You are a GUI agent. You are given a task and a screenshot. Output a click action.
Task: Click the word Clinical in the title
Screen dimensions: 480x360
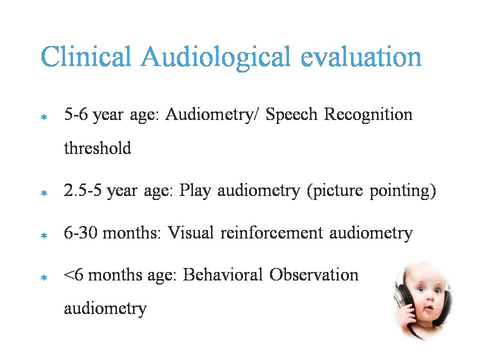86,56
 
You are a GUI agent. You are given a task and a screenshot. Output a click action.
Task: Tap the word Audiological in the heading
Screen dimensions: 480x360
215,58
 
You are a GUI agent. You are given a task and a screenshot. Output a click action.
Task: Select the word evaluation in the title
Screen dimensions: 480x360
361,56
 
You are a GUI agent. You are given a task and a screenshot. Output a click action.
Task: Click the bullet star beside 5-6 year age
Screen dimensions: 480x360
44,117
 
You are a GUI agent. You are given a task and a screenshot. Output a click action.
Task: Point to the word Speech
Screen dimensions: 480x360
291,115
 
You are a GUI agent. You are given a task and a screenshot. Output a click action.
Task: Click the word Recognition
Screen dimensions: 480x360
368,115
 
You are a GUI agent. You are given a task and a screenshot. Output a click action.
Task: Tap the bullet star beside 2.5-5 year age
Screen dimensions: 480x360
44,193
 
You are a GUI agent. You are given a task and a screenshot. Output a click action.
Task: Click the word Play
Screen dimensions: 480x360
195,190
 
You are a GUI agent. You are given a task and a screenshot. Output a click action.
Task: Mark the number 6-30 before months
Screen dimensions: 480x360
80,232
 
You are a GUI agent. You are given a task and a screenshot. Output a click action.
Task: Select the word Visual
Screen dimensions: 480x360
190,232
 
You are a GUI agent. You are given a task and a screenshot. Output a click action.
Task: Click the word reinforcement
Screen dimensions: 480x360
271,232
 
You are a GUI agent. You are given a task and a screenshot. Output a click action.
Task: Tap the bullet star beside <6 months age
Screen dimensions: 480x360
44,277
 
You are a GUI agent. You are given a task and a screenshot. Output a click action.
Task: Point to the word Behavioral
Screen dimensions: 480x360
222,274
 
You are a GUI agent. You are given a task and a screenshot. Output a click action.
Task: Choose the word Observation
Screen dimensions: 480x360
314,274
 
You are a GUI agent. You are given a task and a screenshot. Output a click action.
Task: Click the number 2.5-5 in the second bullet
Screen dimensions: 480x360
82,190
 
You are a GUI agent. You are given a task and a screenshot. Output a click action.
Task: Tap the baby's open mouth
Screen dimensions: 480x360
428,307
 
